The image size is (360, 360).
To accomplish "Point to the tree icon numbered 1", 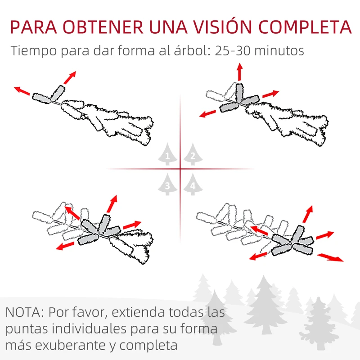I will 167,155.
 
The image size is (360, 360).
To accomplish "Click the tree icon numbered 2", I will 193,155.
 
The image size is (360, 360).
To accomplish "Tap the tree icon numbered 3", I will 167,184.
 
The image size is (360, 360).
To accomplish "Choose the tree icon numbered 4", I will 193,184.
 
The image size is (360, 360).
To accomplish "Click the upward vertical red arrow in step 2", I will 239,72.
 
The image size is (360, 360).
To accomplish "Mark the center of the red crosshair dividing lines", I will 180,169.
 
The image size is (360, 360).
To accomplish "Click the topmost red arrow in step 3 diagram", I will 112,203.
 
